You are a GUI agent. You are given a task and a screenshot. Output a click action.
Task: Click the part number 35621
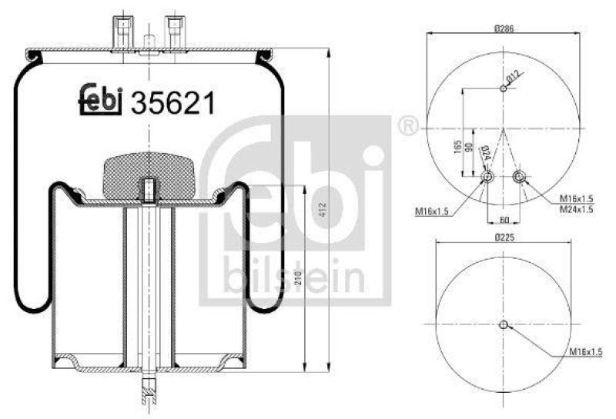[x=172, y=103]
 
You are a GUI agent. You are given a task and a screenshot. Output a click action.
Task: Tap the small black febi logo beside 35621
[x=102, y=100]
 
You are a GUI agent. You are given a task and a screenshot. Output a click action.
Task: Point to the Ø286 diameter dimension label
[x=504, y=28]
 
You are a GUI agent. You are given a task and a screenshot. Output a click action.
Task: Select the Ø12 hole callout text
[x=514, y=75]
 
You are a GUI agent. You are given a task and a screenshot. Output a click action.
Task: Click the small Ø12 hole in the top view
[x=503, y=88]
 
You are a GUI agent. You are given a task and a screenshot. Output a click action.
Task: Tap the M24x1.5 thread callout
[x=576, y=209]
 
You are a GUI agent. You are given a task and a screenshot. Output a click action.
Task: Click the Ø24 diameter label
[x=484, y=155]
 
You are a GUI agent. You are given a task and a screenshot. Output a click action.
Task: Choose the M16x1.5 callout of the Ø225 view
[x=585, y=351]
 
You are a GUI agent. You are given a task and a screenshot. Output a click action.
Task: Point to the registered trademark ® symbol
[x=406, y=125]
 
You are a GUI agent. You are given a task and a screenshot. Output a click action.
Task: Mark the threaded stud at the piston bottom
[x=147, y=391]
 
